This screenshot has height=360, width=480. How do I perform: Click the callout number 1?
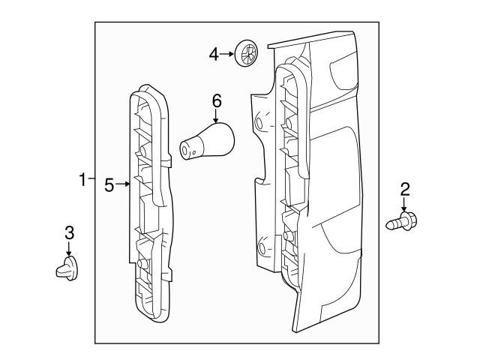[x=82, y=179]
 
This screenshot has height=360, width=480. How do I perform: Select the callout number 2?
[x=405, y=189]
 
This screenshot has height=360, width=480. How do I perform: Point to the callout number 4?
[x=213, y=53]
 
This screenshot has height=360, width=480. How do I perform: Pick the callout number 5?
[x=109, y=184]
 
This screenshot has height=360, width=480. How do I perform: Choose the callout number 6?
[x=217, y=100]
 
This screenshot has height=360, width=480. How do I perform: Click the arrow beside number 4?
[x=227, y=53]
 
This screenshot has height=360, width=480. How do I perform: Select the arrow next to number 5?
[x=124, y=184]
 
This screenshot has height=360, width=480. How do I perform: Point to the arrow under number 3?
[x=68, y=250]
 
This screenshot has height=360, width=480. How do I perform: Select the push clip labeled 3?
[x=67, y=267]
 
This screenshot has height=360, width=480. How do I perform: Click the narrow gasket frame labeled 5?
[x=154, y=210]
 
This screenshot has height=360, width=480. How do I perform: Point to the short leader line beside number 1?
[x=91, y=179]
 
